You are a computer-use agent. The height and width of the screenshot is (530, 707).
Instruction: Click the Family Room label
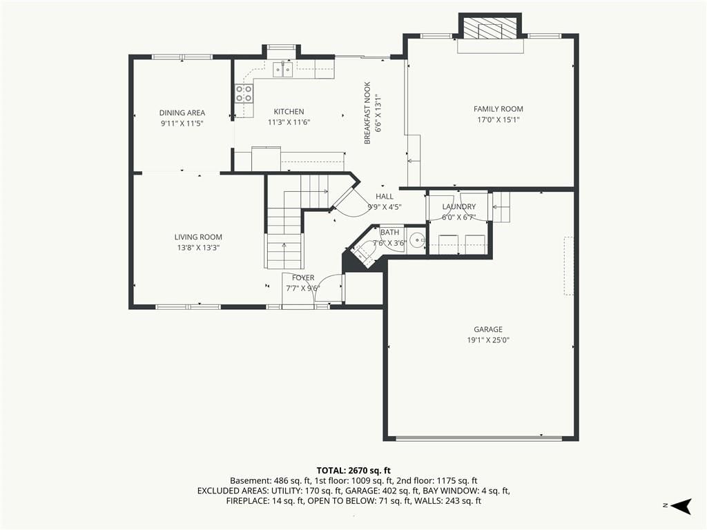point(498,109)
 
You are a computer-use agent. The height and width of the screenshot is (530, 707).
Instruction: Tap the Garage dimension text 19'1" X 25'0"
point(488,340)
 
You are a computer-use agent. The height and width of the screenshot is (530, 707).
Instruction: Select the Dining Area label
point(182,113)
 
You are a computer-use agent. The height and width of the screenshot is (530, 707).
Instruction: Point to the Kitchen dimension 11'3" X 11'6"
point(289,122)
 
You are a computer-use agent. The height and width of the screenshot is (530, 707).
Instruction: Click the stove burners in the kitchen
point(244,93)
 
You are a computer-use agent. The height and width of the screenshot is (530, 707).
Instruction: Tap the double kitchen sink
point(282,70)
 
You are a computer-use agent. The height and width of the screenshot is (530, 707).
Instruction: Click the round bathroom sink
point(418,241)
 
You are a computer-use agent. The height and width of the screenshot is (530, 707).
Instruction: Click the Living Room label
point(198,237)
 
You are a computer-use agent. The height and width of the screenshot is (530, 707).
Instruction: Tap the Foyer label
point(303,278)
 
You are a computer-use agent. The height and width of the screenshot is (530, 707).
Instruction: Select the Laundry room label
point(459,207)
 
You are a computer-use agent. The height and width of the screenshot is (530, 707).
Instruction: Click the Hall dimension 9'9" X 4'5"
point(385,207)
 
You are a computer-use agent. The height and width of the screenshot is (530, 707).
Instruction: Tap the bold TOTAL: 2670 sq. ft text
point(353,471)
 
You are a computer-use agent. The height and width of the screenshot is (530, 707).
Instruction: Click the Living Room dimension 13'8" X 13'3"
point(198,248)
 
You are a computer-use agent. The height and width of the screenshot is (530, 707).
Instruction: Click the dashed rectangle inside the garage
point(569,266)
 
